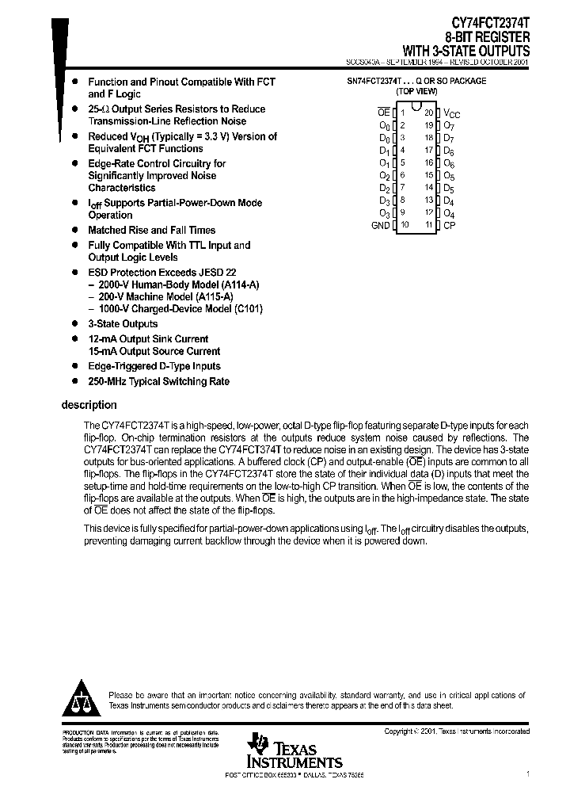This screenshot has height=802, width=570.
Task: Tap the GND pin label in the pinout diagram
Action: (x=381, y=226)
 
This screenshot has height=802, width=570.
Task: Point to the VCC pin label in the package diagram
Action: (x=452, y=114)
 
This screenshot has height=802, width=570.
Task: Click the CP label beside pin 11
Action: (x=450, y=226)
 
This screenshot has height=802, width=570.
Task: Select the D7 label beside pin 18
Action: (x=449, y=138)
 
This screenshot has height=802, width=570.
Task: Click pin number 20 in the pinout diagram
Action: (x=429, y=113)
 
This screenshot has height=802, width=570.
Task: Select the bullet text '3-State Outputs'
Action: (x=123, y=324)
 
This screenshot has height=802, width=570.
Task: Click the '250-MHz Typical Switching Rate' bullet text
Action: (x=158, y=382)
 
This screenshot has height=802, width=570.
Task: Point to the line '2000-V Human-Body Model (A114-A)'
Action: (x=179, y=285)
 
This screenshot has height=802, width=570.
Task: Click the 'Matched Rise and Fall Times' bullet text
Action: (x=151, y=231)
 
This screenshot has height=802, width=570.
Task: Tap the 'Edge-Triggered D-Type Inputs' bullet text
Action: (x=154, y=367)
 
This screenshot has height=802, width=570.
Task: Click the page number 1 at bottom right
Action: (x=528, y=773)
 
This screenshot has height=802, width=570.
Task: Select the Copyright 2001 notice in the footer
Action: (x=457, y=731)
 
